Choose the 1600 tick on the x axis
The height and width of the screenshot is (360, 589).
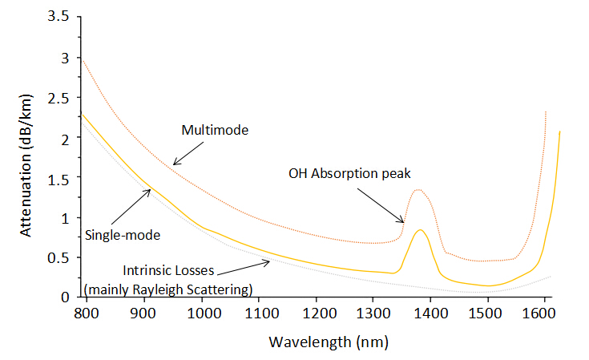coord(544,313)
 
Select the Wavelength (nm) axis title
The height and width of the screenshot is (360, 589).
coord(328,342)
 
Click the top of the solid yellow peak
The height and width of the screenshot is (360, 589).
coord(420,230)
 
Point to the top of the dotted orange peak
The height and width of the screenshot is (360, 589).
coord(418,189)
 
